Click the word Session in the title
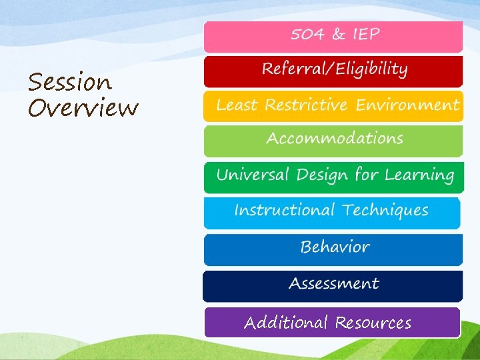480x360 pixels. [70, 83]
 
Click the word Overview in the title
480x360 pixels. [83, 107]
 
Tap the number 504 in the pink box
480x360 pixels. [308, 34]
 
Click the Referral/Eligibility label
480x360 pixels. [334, 69]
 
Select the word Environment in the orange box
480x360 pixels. [407, 105]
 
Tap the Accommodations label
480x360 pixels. [334, 139]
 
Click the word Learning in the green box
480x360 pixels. [419, 175]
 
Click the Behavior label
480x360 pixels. [335, 247]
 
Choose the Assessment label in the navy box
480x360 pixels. [333, 284]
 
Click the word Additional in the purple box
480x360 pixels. [286, 323]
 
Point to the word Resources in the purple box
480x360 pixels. [373, 323]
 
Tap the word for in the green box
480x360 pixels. [366, 175]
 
